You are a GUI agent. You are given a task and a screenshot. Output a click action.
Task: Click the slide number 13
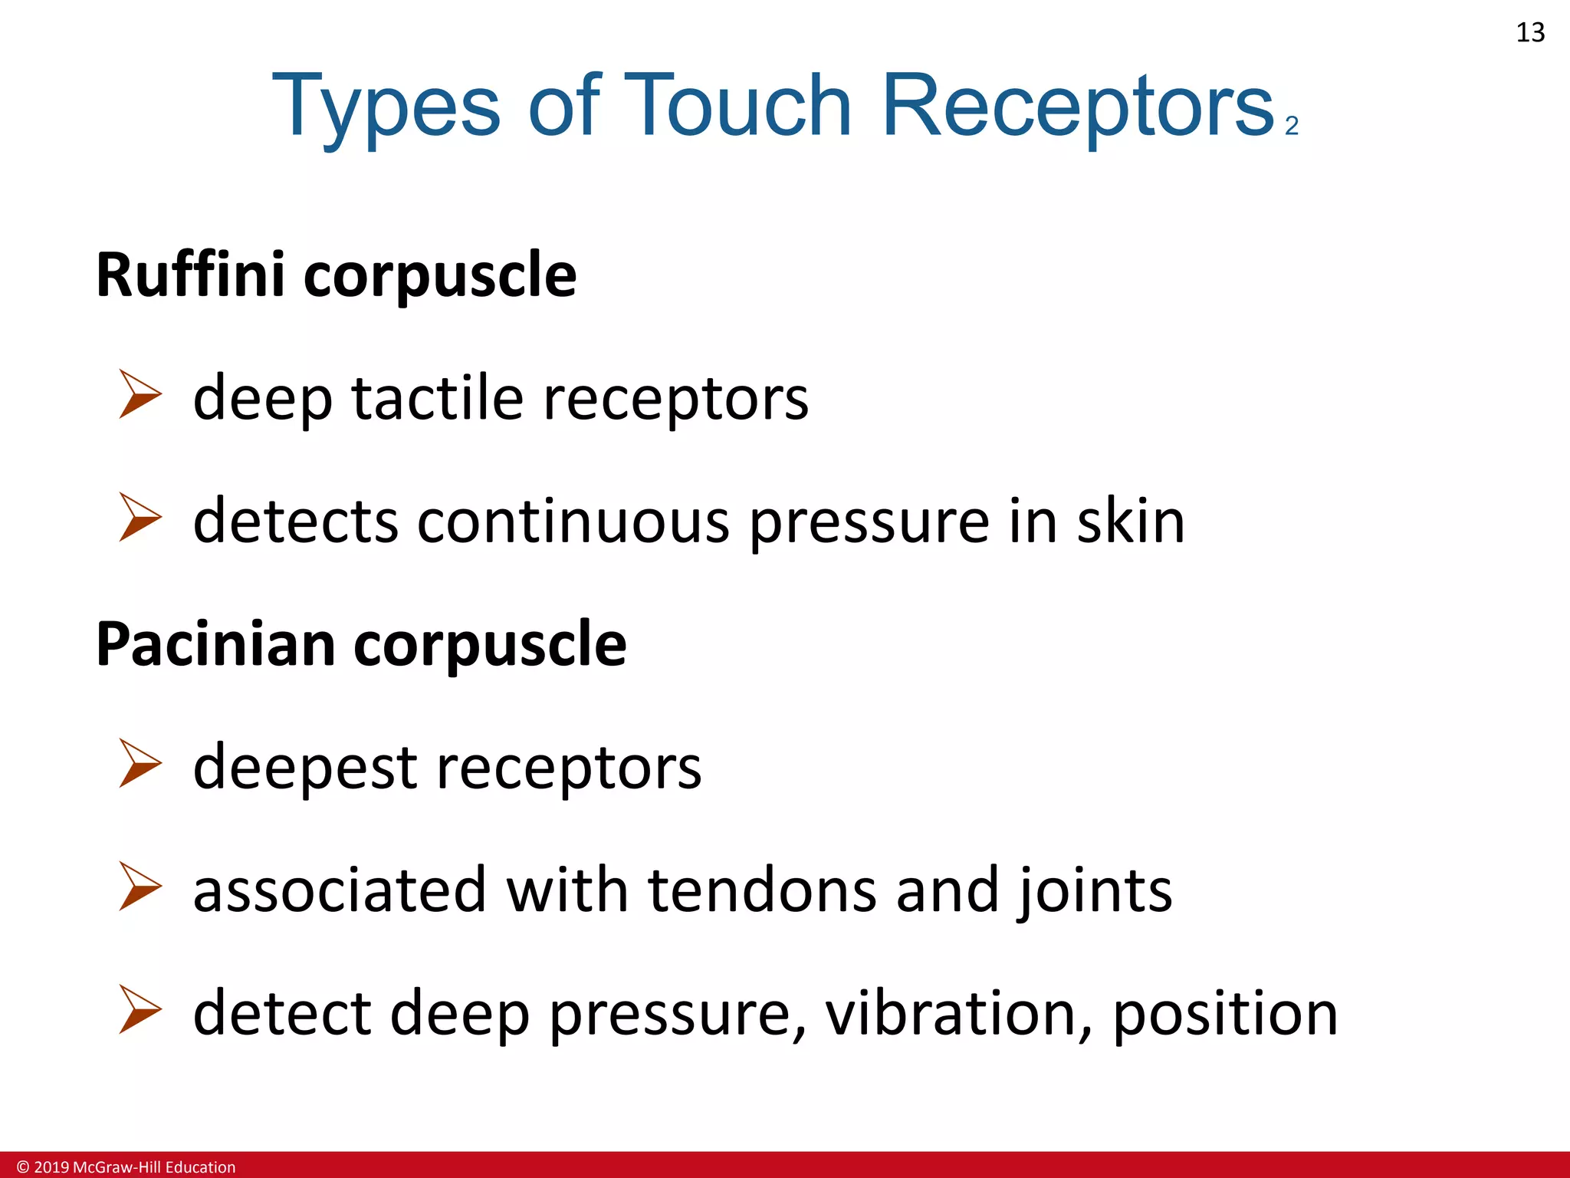click(1530, 33)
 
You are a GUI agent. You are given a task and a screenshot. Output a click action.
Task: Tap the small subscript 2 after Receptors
click(1292, 126)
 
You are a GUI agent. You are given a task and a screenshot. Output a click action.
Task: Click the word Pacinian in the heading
click(215, 644)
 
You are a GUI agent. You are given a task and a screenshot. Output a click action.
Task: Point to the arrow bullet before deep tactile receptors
click(140, 394)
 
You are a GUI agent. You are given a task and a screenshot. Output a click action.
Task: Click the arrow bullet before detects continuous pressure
click(140, 517)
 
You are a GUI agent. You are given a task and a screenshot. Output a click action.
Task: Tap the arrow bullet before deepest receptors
click(140, 763)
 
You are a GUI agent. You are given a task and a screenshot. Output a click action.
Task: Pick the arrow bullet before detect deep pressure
click(140, 1009)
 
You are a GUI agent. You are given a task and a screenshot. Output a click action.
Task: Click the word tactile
click(437, 398)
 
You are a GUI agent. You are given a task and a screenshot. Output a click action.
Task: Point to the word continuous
click(573, 522)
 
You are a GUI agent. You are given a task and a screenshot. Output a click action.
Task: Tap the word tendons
click(762, 890)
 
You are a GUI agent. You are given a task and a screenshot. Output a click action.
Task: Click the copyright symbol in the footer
click(23, 1167)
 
